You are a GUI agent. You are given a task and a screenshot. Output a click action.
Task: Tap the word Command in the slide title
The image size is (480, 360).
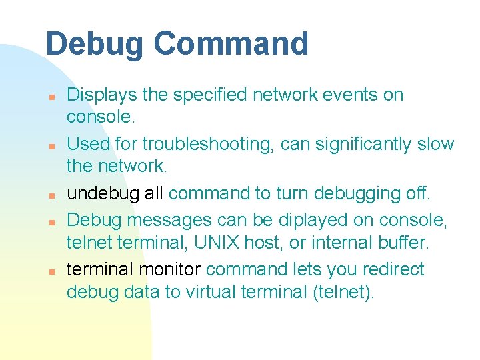[231, 45]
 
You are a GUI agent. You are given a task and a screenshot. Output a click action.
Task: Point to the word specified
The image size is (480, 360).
[211, 95]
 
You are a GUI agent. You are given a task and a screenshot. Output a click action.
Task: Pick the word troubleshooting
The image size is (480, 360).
[203, 145]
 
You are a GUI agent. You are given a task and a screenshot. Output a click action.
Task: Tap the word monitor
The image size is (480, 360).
[171, 269]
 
